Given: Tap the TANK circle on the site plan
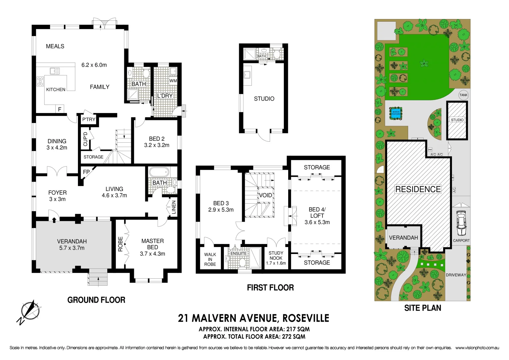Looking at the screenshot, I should tap(463, 95).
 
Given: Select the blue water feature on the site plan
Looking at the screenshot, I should tap(396, 113).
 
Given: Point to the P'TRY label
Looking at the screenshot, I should tap(89, 120).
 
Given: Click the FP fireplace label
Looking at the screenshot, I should tap(86, 172).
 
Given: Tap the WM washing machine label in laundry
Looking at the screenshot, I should tap(173, 81).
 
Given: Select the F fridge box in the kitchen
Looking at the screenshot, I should tap(60, 109).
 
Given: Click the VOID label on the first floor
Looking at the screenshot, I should tap(265, 195).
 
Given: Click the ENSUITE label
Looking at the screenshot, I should tap(239, 253).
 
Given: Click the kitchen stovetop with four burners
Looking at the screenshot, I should tap(40, 81).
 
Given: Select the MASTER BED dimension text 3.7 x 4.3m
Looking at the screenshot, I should tap(153, 254).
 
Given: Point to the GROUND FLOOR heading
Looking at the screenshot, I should tap(96, 300).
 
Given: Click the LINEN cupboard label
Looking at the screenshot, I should tap(174, 207).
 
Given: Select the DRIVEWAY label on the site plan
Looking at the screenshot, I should tap(456, 275).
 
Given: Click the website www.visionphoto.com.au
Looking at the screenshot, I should tap(477, 348).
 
